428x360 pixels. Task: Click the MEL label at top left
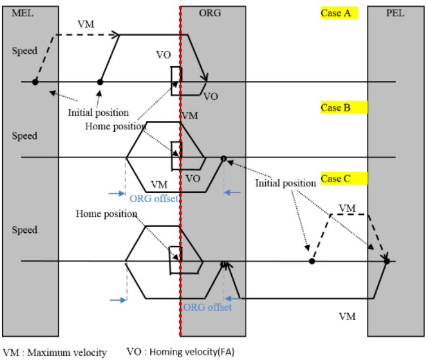click(23, 13)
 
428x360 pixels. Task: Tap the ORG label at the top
click(210, 13)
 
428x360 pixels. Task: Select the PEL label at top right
click(395, 13)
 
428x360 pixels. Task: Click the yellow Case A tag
click(339, 13)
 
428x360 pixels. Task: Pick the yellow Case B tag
click(344, 107)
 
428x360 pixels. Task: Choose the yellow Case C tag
click(344, 179)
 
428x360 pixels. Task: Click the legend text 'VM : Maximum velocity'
click(55, 352)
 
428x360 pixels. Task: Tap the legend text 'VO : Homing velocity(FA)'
click(180, 352)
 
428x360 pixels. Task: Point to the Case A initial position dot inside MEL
click(35, 81)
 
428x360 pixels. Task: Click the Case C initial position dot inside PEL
click(387, 261)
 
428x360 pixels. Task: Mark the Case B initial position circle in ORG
click(223, 158)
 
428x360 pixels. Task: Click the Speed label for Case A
click(24, 51)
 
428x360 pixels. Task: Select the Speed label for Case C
click(24, 230)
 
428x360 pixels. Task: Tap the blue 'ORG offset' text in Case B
click(154, 198)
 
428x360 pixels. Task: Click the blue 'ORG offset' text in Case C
click(207, 307)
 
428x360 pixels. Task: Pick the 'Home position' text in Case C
click(106, 214)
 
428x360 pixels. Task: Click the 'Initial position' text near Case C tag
click(286, 183)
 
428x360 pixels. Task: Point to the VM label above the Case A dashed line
click(86, 24)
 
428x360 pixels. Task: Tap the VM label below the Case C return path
click(347, 316)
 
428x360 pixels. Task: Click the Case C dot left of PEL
click(312, 261)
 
